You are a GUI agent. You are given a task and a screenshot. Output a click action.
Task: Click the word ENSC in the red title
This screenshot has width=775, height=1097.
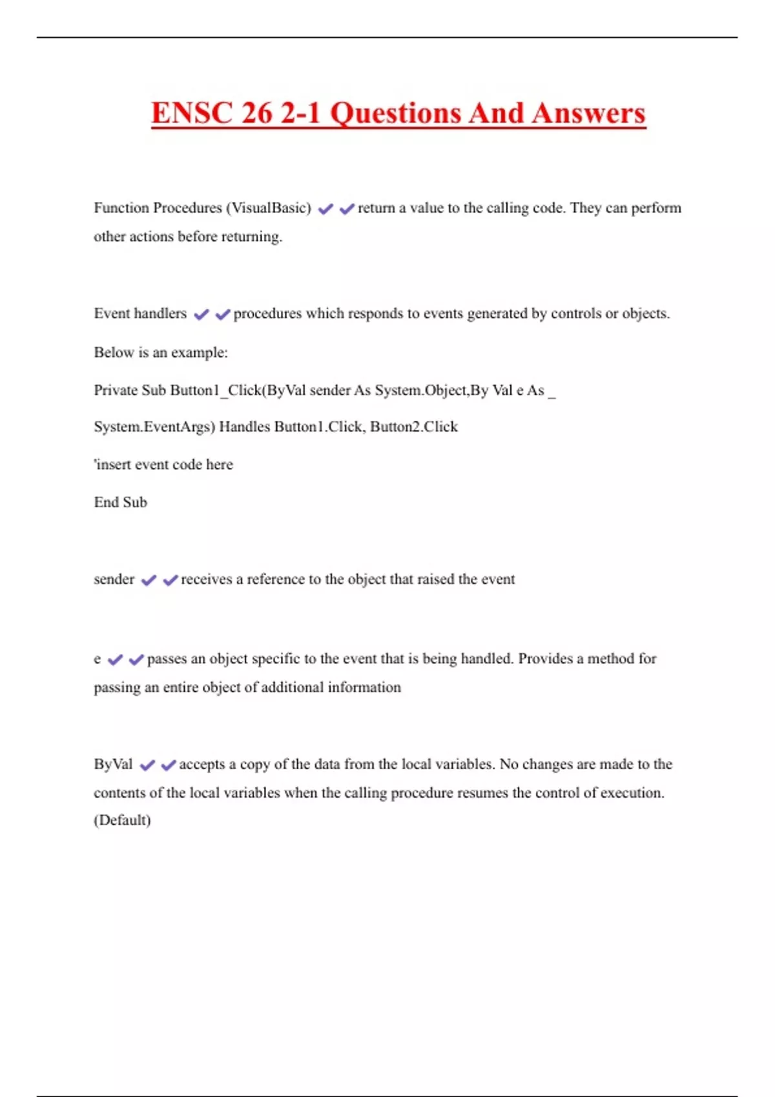click(191, 113)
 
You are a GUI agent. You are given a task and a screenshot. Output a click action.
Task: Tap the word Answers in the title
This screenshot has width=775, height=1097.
click(588, 113)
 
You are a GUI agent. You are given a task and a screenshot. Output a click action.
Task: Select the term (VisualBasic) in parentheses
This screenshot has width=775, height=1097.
click(268, 208)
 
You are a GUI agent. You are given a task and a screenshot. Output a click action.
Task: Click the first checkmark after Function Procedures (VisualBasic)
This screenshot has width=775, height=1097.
click(325, 208)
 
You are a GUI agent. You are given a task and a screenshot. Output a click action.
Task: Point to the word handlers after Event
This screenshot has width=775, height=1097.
click(160, 314)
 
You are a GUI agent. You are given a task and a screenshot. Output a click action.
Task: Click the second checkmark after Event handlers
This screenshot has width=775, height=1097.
click(223, 314)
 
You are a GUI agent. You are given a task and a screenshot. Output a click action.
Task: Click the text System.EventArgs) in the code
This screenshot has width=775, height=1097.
click(154, 427)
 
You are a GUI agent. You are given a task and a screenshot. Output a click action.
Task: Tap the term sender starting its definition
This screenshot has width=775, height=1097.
click(114, 579)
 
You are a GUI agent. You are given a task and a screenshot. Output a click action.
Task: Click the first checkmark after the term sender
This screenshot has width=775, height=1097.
click(149, 580)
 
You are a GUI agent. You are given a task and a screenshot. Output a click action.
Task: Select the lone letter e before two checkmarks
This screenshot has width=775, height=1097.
click(97, 659)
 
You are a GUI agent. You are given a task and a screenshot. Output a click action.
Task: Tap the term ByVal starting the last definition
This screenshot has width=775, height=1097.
click(113, 765)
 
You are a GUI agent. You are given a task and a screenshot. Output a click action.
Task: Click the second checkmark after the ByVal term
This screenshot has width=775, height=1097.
click(169, 765)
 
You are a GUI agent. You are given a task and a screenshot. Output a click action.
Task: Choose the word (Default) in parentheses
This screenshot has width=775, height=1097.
click(122, 820)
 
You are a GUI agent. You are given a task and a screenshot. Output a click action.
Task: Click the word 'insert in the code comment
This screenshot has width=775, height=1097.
click(112, 465)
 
